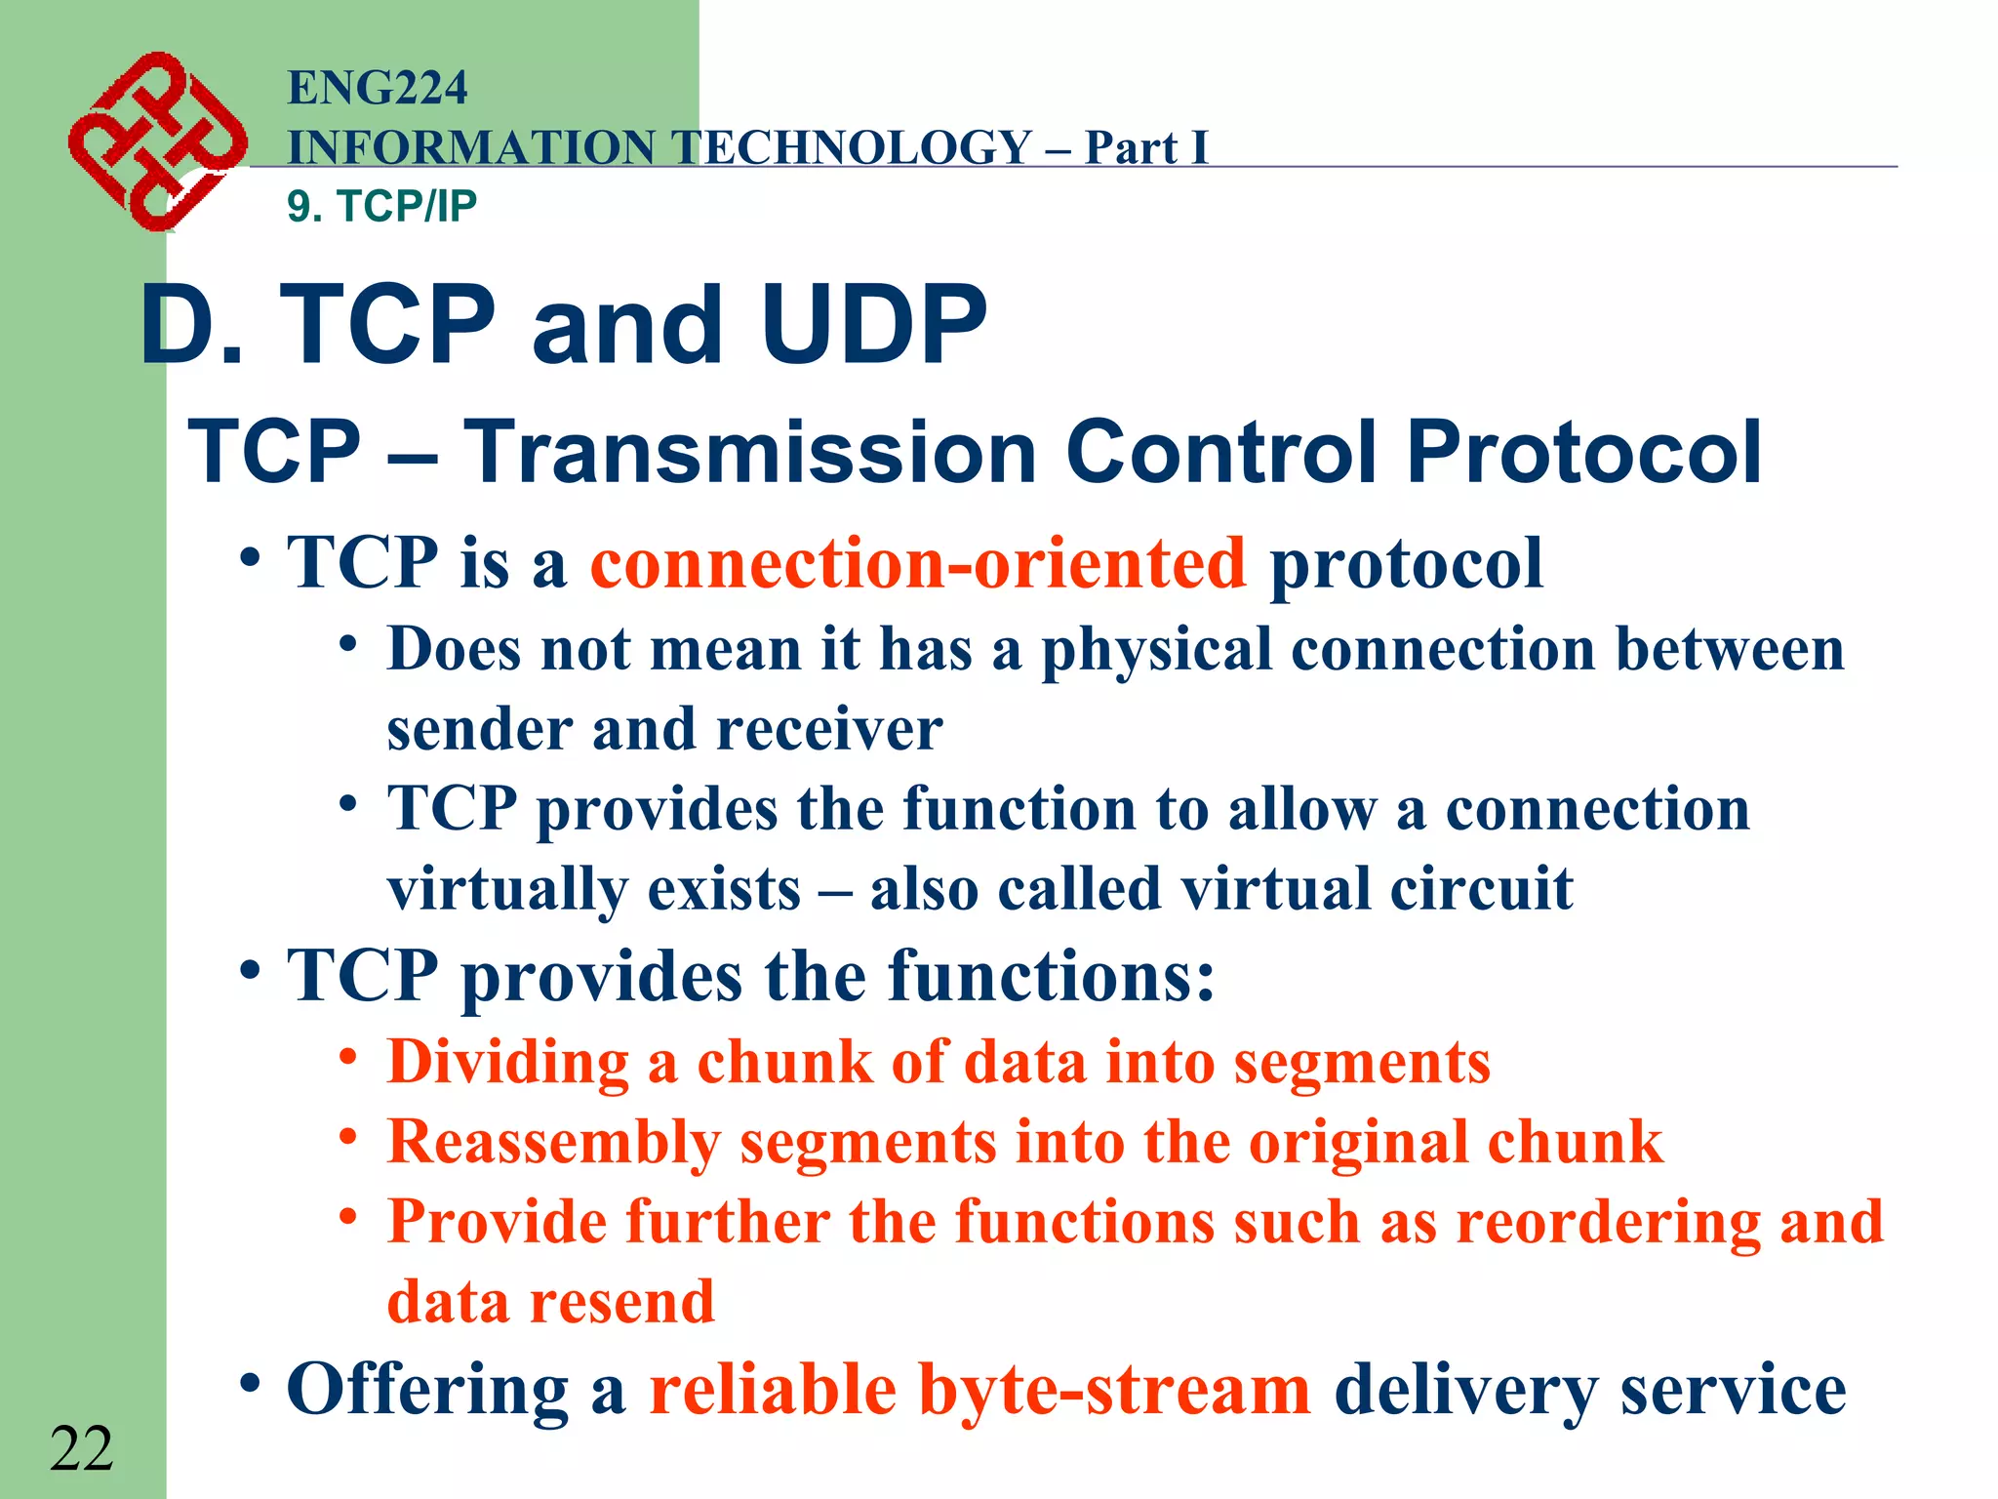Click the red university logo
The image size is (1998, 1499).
pyautogui.click(x=156, y=142)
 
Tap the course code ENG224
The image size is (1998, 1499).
pyautogui.click(x=378, y=88)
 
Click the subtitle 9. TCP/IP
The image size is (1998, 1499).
pyautogui.click(x=381, y=206)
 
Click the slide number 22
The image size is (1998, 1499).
pyautogui.click(x=81, y=1448)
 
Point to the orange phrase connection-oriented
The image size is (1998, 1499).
pyautogui.click(x=917, y=563)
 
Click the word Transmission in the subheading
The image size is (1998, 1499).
pyautogui.click(x=749, y=452)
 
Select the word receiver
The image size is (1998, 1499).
pyautogui.click(x=827, y=730)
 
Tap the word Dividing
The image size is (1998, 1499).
pyautogui.click(x=508, y=1062)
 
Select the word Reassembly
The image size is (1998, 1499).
pyautogui.click(x=553, y=1142)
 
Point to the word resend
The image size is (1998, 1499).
pyautogui.click(x=621, y=1302)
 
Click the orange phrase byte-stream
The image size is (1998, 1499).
pyautogui.click(x=1114, y=1390)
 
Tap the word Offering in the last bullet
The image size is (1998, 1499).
pyautogui.click(x=427, y=1390)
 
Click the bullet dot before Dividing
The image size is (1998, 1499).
pyautogui.click(x=348, y=1058)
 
